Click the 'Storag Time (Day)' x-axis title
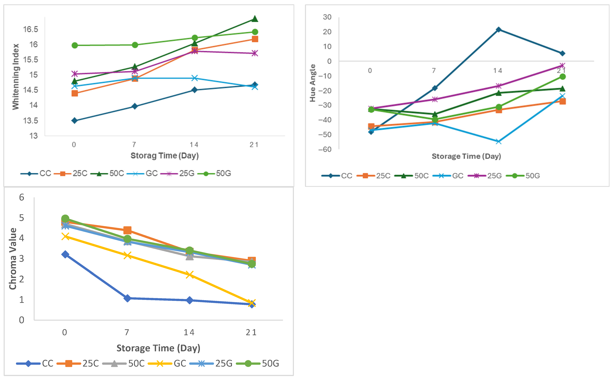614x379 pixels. [x=165, y=156]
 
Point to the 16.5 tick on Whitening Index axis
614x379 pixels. [x=31, y=29]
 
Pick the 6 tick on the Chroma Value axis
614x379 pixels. [x=22, y=197]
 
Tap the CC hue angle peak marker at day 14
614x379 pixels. [x=499, y=30]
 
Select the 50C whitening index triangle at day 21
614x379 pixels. [x=255, y=19]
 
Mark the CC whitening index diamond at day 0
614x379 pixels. [x=74, y=121]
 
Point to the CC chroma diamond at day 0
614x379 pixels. [x=65, y=254]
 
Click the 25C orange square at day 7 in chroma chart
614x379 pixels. [x=127, y=230]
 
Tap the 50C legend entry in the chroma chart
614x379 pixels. [x=124, y=363]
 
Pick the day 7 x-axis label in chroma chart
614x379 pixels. [x=127, y=332]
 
